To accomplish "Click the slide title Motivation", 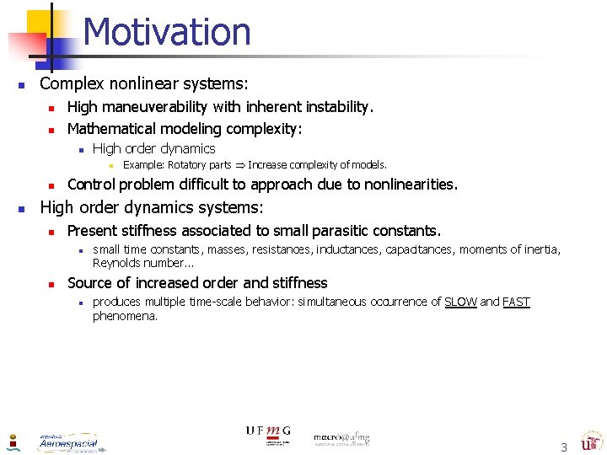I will (x=167, y=32).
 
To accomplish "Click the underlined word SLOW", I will (x=460, y=302).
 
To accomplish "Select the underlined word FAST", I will (x=516, y=302).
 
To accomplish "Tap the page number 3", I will (x=564, y=447).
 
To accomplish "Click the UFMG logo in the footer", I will (x=268, y=435).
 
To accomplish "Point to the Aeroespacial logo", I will (x=68, y=442).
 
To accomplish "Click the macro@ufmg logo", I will (x=341, y=439).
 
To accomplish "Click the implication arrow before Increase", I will (x=239, y=165).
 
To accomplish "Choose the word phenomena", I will (x=125, y=316).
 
